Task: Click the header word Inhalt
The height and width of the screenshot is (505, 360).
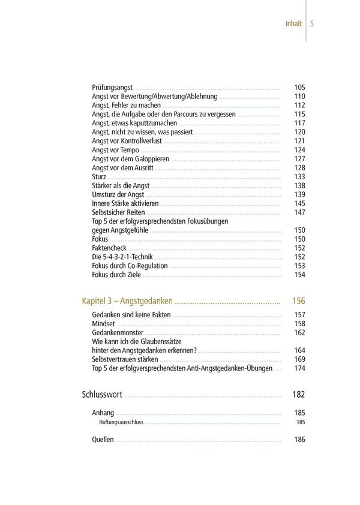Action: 293,24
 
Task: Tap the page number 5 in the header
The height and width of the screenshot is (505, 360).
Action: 313,24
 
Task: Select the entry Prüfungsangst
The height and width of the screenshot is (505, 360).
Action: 112,87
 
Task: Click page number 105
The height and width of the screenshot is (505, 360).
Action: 299,87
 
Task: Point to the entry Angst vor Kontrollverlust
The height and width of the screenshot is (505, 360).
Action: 127,141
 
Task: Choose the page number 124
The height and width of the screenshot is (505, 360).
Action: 299,150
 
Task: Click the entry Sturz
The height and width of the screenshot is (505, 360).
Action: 99,177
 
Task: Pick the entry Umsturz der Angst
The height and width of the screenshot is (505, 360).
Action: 118,195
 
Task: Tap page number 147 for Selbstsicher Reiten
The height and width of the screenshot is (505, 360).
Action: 299,212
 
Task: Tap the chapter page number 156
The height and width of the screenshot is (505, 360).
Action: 298,300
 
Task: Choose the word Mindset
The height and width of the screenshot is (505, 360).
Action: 103,324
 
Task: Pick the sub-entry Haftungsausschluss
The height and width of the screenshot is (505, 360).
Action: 121,422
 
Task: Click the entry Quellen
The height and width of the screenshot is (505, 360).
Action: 103,440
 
